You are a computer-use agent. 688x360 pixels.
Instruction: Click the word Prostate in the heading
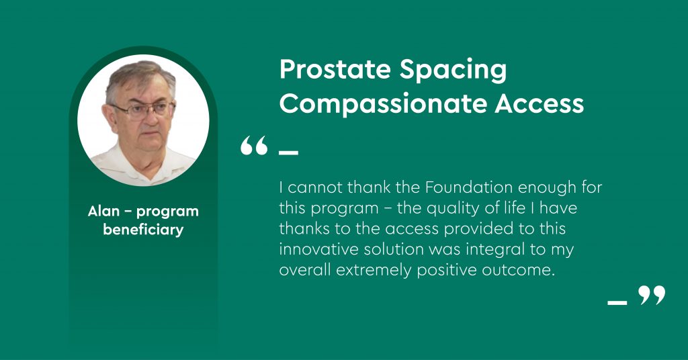(x=335, y=70)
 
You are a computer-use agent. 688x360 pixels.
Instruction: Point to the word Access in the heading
(x=540, y=103)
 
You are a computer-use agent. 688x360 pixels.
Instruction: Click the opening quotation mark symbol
(x=254, y=145)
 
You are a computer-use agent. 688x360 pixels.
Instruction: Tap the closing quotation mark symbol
(x=652, y=295)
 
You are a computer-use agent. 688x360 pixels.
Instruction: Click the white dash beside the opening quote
(x=288, y=152)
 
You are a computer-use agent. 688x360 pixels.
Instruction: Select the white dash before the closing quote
(x=617, y=302)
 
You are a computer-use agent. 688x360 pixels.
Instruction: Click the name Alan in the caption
(x=103, y=212)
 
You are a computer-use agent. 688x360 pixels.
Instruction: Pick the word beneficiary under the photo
(x=143, y=229)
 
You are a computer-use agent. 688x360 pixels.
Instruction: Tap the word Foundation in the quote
(x=468, y=187)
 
